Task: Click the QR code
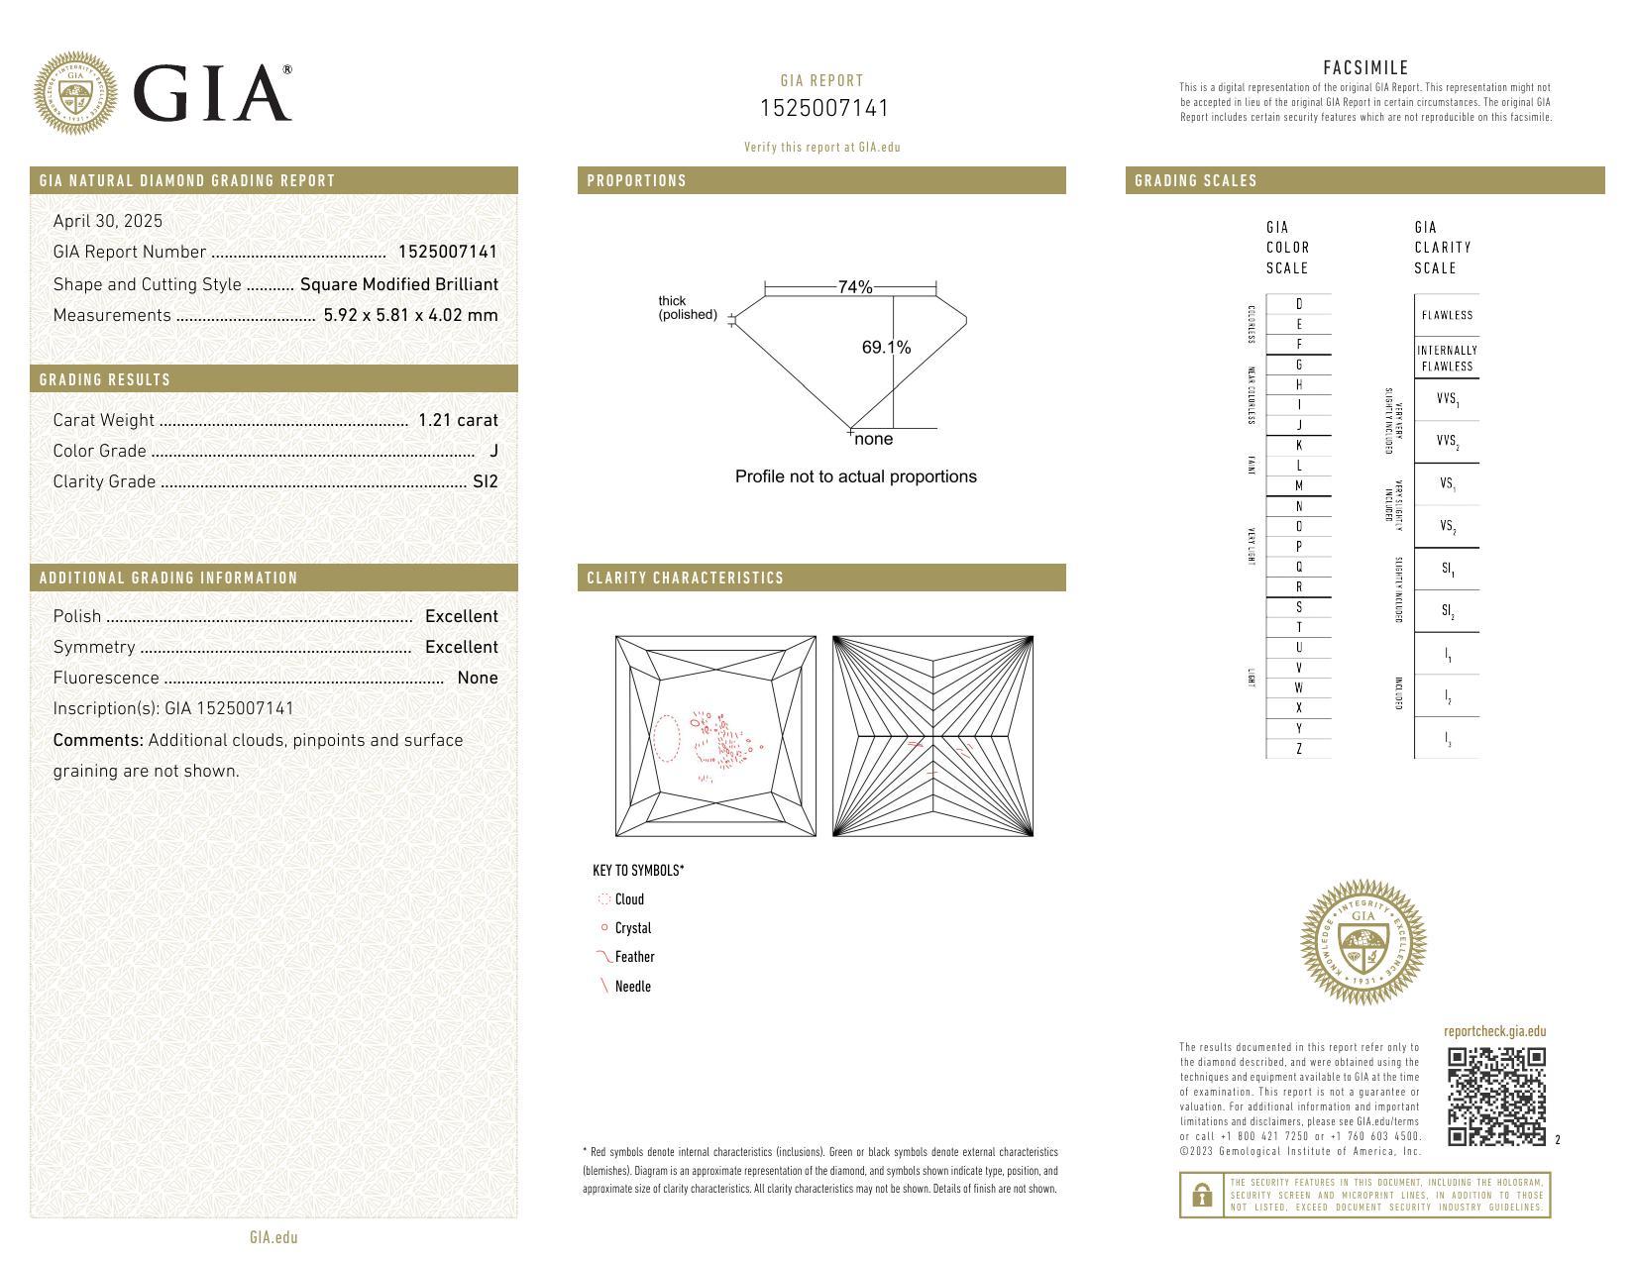[x=1496, y=1096]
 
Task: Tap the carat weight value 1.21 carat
[x=458, y=420]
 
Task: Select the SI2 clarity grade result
[x=486, y=481]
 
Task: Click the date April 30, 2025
[x=108, y=221]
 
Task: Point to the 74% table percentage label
[x=854, y=287]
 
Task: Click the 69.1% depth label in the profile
[x=886, y=348]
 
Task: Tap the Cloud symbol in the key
[x=604, y=899]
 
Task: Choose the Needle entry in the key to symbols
[x=632, y=987]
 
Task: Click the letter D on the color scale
[x=1299, y=304]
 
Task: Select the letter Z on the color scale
[x=1299, y=749]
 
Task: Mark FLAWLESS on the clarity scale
[x=1447, y=315]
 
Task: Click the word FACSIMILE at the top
[x=1365, y=68]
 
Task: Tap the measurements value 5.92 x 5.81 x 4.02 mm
[x=410, y=315]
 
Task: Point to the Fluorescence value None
[x=478, y=678]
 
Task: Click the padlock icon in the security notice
[x=1202, y=1196]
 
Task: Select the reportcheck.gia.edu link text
[x=1494, y=1031]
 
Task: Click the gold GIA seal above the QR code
[x=1362, y=942]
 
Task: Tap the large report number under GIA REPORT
[x=824, y=108]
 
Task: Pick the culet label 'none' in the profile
[x=873, y=440]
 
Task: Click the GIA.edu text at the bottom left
[x=273, y=1237]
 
